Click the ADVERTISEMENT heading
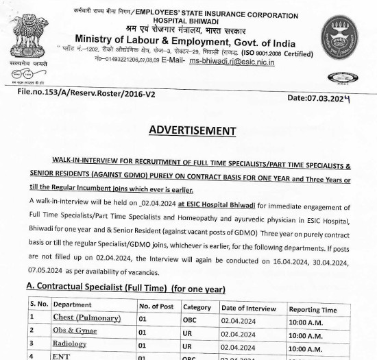(192, 131)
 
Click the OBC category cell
(190, 320)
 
